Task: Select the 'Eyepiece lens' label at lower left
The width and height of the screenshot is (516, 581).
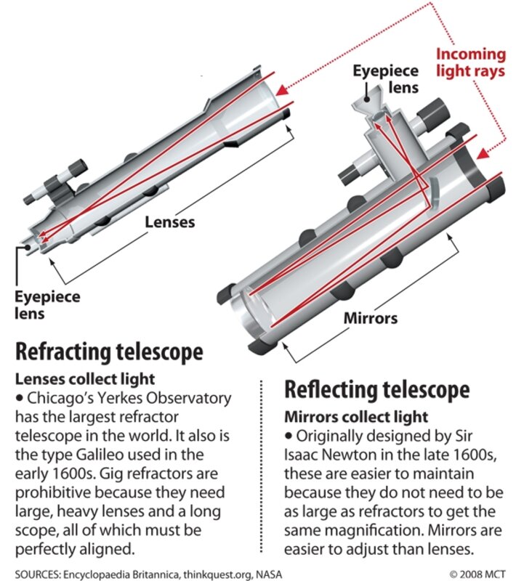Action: (48, 305)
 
